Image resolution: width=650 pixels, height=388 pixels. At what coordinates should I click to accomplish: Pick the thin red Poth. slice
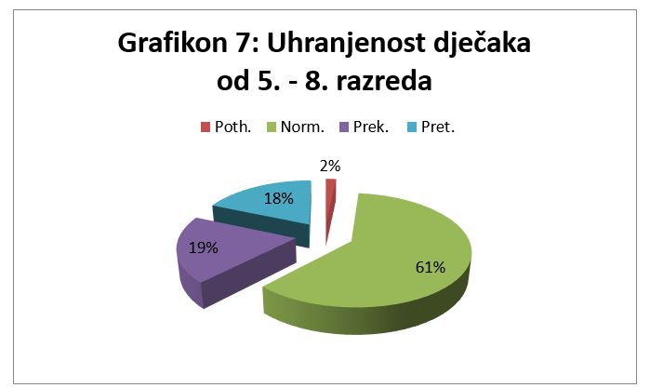330,199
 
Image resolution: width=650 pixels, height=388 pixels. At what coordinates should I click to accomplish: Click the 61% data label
431,268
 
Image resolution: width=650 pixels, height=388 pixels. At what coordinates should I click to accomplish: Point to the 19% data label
203,248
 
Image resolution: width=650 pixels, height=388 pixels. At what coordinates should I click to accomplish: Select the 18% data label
279,199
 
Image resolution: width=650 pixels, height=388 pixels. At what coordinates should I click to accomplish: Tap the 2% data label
330,167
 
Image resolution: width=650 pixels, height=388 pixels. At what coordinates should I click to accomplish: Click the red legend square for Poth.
206,127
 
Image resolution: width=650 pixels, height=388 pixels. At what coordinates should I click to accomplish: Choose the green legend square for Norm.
271,127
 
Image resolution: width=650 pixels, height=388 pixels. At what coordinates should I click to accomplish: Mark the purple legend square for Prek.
344,127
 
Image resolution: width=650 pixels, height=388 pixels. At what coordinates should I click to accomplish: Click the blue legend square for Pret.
412,127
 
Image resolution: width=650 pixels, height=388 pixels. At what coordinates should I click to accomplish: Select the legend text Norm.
302,127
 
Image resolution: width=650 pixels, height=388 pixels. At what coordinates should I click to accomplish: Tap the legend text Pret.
438,127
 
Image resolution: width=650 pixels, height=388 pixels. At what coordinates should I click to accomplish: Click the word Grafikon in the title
173,43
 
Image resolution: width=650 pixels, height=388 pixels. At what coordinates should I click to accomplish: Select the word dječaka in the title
482,44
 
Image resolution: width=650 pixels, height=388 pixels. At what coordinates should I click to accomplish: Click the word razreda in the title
384,81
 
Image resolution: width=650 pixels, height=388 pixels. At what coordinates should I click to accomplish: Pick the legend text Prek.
371,127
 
